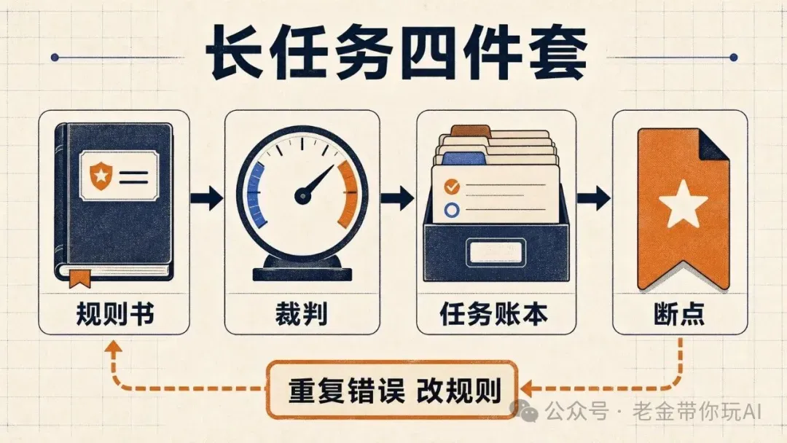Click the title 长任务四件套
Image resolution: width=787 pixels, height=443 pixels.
point(396,54)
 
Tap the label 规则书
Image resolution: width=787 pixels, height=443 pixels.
point(115,314)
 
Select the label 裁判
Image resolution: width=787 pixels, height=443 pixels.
point(302,314)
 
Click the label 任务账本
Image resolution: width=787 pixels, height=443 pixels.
point(494,314)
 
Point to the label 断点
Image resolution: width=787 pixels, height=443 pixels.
point(679,314)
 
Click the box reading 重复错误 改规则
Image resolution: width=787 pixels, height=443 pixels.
point(393,389)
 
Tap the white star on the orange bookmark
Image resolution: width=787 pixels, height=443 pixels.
point(683,204)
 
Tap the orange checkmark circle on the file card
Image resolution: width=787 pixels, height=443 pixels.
point(452,187)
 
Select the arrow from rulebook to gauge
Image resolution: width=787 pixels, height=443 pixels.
point(207,197)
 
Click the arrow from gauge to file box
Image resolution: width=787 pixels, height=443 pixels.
point(397,197)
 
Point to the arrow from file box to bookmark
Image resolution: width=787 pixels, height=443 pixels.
point(593,197)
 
